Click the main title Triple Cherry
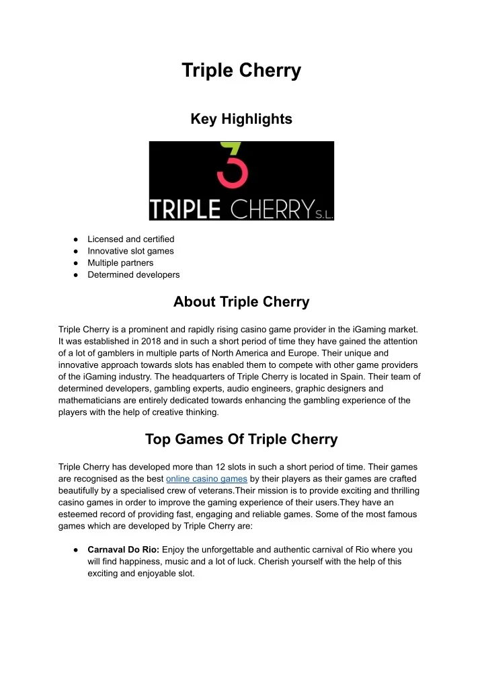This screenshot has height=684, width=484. pyautogui.click(x=241, y=71)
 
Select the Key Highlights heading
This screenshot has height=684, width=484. pyautogui.click(x=241, y=119)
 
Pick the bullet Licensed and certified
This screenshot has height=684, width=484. pyautogui.click(x=130, y=239)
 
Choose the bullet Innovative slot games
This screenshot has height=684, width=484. pyautogui.click(x=130, y=251)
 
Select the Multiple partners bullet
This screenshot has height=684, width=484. pyautogui.click(x=120, y=263)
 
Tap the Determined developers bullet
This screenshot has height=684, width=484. pyautogui.click(x=133, y=274)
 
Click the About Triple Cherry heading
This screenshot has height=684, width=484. pyautogui.click(x=241, y=302)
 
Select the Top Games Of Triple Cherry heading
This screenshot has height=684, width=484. pyautogui.click(x=241, y=439)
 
